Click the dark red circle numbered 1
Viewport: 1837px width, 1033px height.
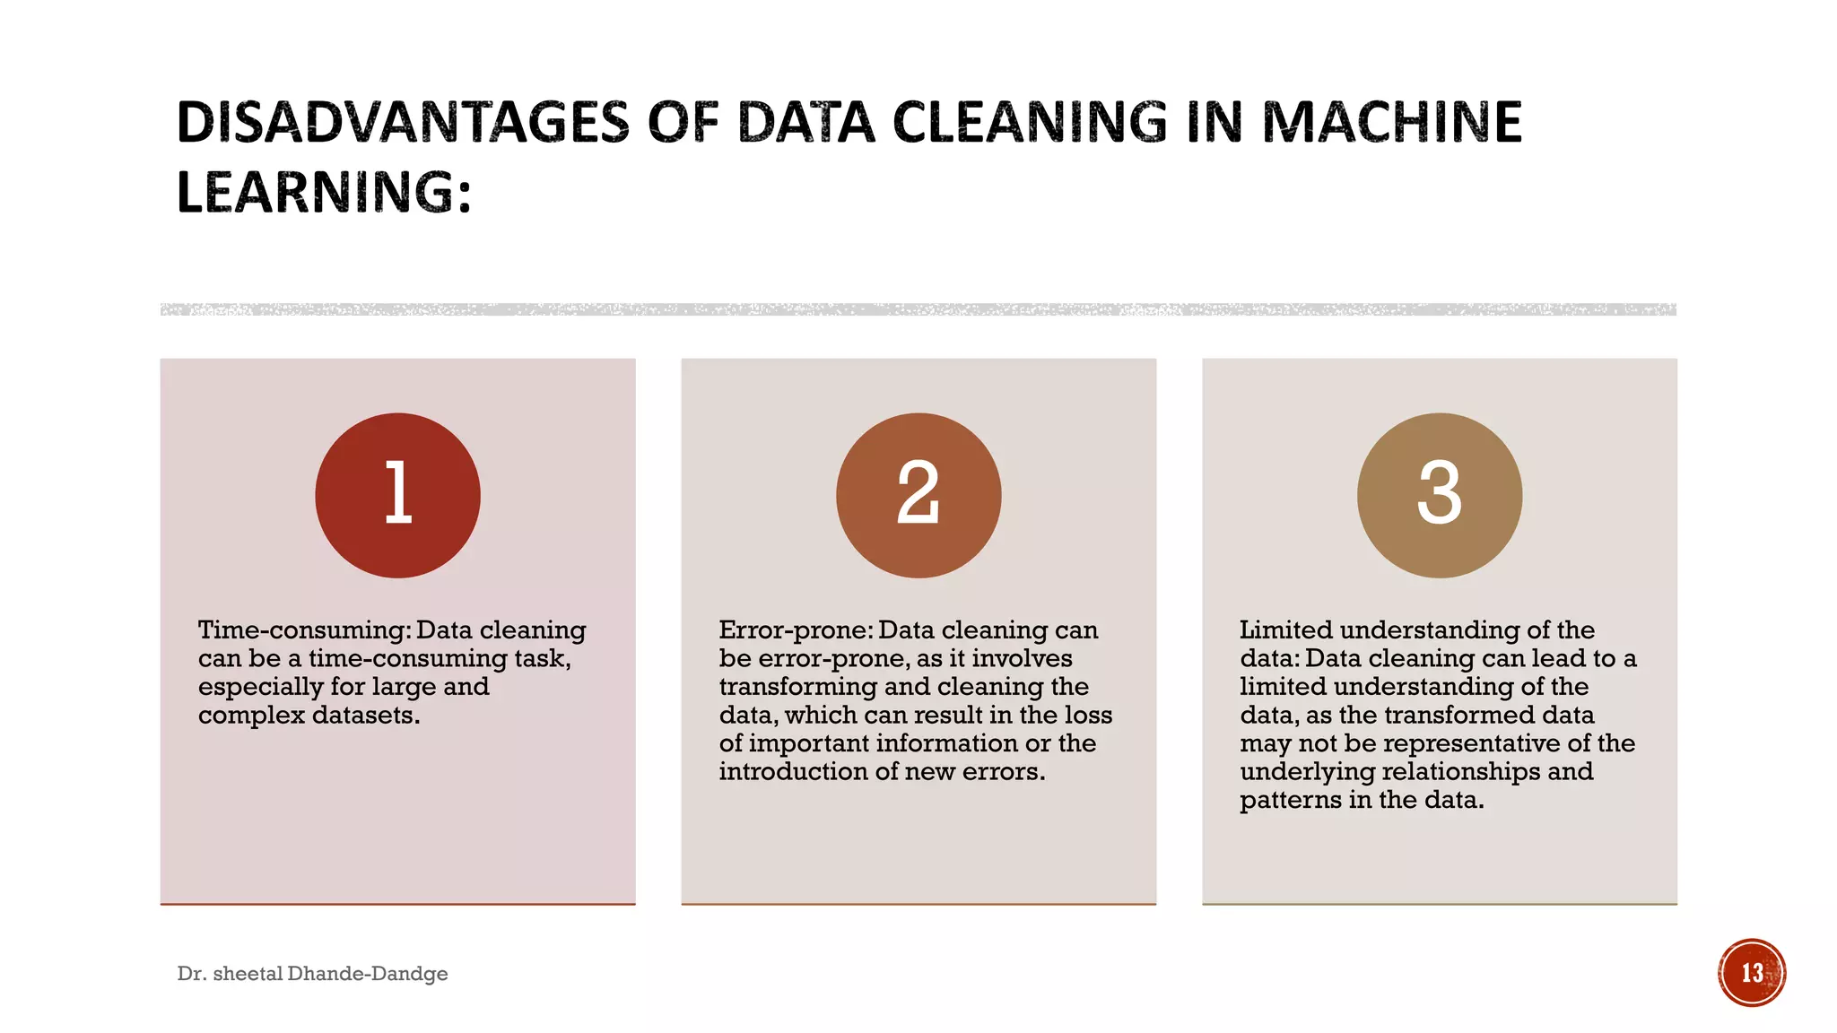pyautogui.click(x=397, y=495)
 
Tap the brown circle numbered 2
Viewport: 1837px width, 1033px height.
pyautogui.click(x=918, y=495)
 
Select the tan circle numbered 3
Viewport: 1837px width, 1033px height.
pyautogui.click(x=1439, y=495)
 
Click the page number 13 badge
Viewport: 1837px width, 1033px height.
pyautogui.click(x=1752, y=973)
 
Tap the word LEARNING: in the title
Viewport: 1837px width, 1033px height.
pyautogui.click(x=324, y=193)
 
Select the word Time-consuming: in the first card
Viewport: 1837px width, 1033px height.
pyautogui.click(x=303, y=630)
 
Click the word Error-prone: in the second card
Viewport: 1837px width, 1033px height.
pyautogui.click(x=795, y=630)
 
